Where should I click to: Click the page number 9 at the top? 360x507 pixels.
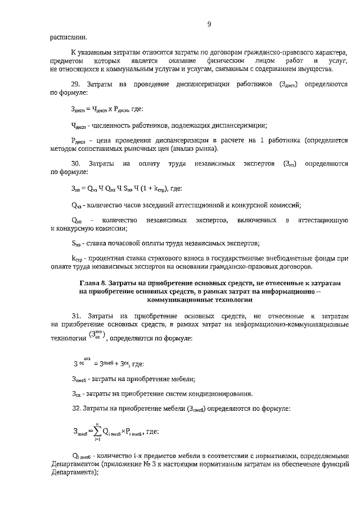coord(209,23)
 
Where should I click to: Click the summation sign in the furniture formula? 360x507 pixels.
coord(98,432)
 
